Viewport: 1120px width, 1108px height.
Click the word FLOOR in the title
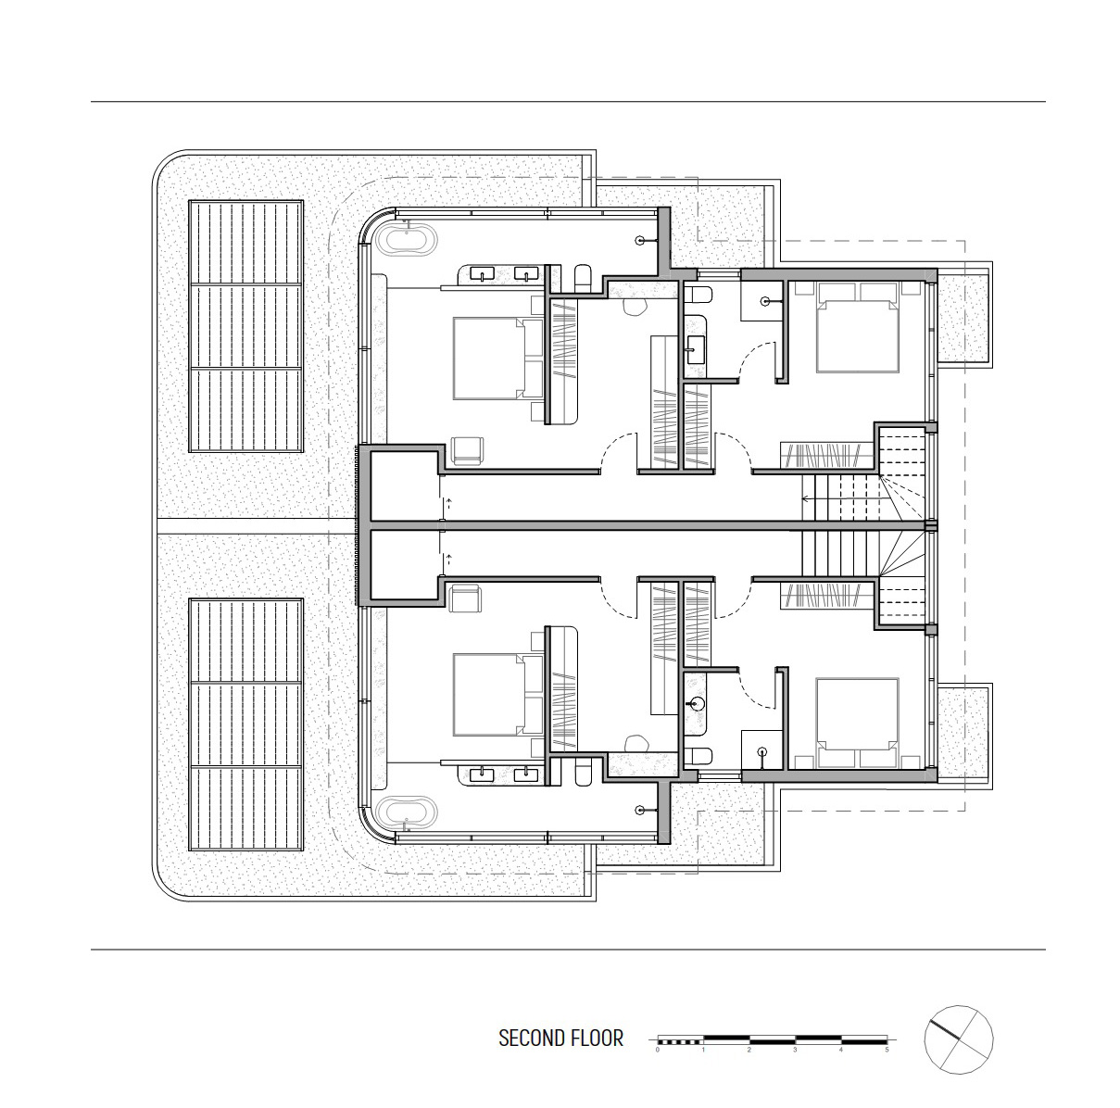coord(598,1039)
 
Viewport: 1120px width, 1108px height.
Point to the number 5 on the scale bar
coord(887,1050)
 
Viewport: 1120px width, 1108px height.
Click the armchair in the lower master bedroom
coord(467,598)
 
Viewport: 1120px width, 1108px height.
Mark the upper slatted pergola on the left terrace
coord(246,326)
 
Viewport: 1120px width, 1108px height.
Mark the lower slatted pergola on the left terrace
coord(246,724)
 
